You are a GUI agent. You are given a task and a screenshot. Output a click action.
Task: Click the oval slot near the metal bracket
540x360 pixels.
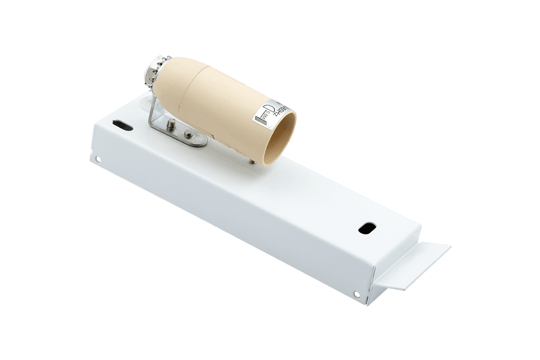click(122, 125)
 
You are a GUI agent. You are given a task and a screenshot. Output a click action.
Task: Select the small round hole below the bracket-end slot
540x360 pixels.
click(97, 160)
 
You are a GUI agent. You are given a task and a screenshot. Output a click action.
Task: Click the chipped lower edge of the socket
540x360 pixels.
click(230, 145)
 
